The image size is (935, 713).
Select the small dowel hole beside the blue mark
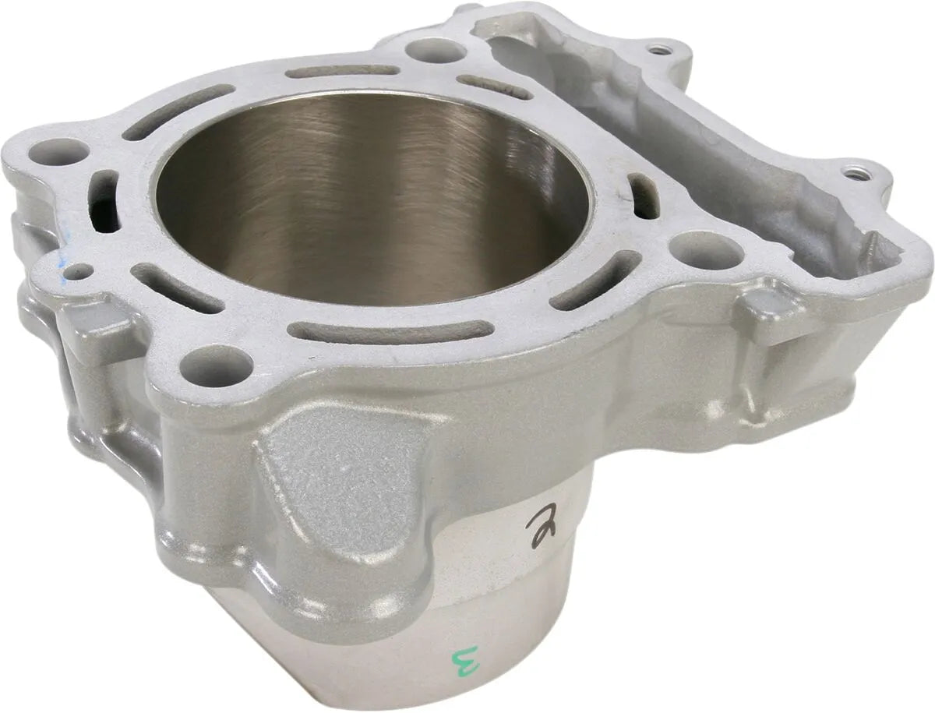[79, 272]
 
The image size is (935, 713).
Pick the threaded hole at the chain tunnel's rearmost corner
[660, 51]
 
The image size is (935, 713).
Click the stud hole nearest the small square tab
[705, 251]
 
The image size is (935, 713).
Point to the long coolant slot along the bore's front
[390, 331]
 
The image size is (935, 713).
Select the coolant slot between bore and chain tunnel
[644, 195]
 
